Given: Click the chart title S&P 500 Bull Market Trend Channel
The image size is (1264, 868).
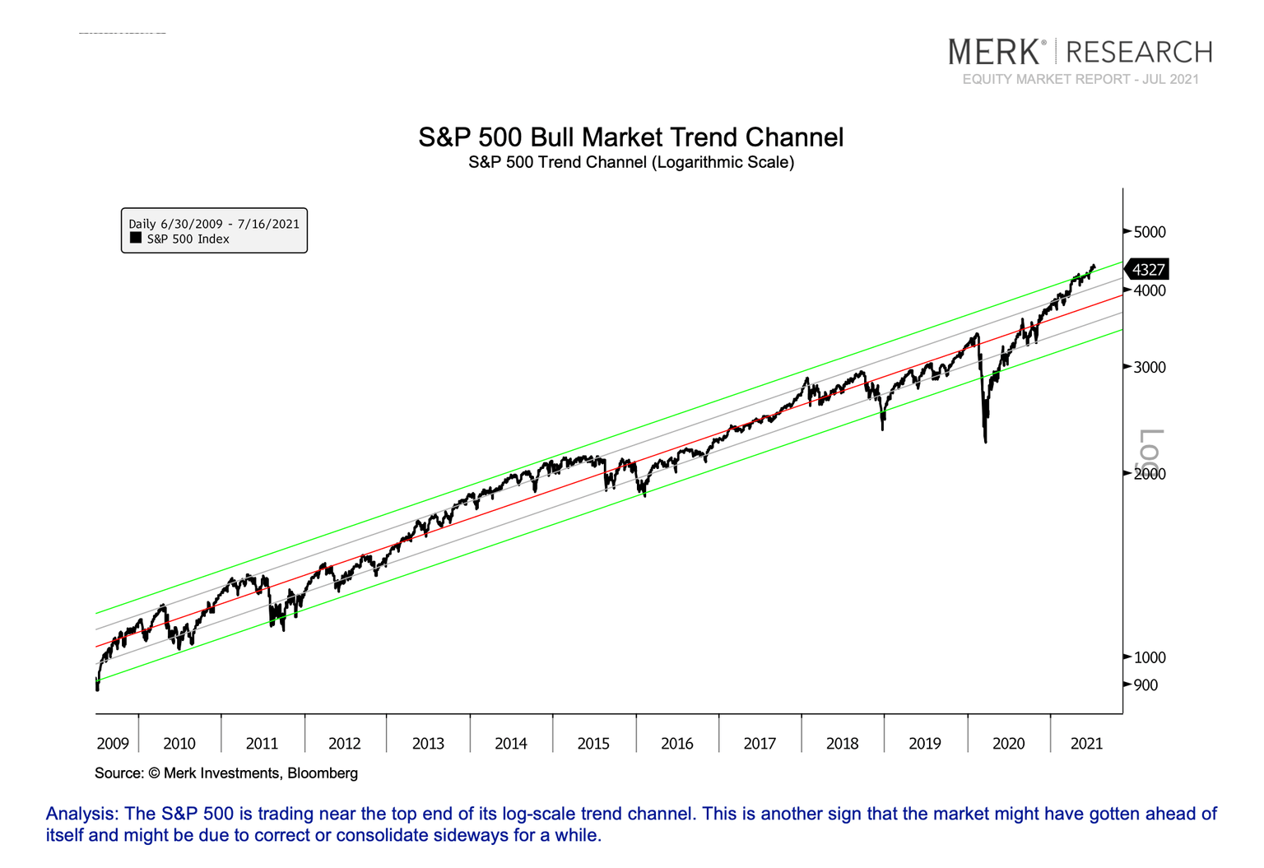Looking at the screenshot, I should pos(630,137).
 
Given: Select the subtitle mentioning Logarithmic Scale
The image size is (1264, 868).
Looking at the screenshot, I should pos(630,162).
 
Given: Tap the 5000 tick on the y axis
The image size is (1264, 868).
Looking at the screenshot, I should pos(1149,232).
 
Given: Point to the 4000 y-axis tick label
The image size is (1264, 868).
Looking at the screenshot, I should pos(1149,290).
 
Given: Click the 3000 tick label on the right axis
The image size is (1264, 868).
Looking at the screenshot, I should pos(1149,367).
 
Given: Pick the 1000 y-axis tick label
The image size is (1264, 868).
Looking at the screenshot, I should pos(1149,657).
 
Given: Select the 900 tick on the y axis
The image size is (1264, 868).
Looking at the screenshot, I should pos(1145,685).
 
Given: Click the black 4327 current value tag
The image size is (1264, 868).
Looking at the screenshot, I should pos(1147,270).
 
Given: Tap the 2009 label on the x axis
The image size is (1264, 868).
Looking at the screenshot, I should pos(113,744).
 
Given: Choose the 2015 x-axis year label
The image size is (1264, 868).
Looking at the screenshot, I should pos(593,744).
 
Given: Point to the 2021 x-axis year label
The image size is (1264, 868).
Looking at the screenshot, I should pos(1086,744).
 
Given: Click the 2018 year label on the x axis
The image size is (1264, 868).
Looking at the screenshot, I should pos(842,744).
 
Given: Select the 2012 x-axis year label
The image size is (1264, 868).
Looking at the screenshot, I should pos(345,744).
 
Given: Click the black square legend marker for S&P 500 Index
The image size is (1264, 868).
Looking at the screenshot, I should pos(136,239).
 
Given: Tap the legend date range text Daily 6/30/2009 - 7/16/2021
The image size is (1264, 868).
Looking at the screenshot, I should pos(214,224).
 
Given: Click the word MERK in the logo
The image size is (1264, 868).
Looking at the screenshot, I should pos(994,52).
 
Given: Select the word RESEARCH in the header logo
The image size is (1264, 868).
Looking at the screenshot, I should pos(1139,52).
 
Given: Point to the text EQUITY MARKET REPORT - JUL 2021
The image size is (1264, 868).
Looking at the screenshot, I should pos(1080,79).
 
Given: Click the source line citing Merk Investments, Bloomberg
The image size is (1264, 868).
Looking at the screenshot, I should pos(226,773).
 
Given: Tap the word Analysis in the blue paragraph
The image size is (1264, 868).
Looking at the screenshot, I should pos(81,814).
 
